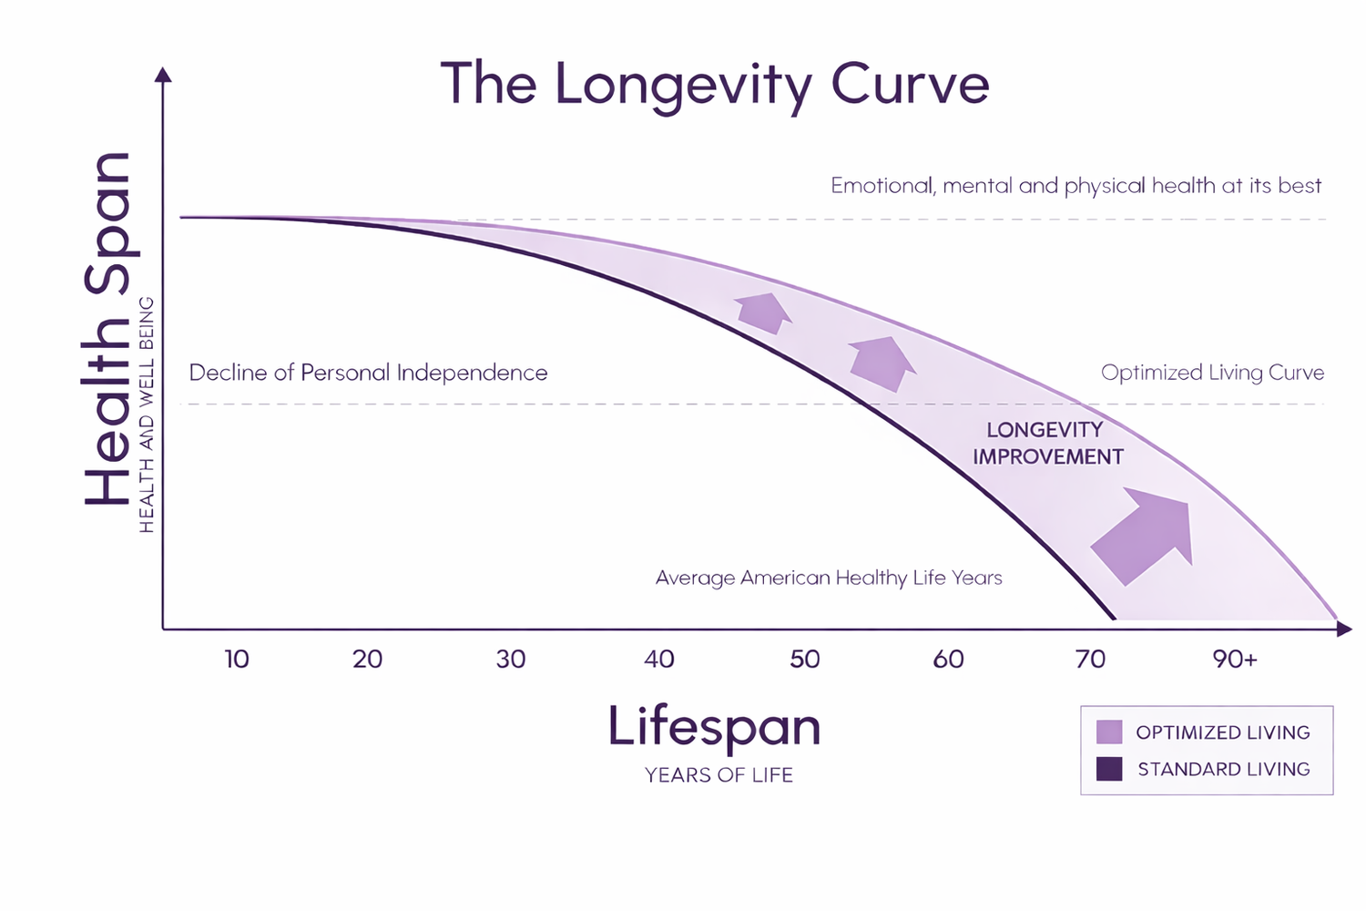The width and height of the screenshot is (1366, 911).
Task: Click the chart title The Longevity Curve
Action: point(715,85)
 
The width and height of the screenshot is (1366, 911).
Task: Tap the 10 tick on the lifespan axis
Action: point(237,659)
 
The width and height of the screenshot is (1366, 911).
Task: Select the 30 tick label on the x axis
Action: point(511,659)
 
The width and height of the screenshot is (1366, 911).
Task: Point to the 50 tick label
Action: point(805,659)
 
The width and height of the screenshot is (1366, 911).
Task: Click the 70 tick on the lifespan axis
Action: point(1090,659)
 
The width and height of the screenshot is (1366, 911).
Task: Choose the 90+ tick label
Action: point(1235,659)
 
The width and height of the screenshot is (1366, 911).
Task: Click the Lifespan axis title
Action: point(715,727)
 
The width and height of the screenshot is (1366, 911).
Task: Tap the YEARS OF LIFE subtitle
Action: point(719,775)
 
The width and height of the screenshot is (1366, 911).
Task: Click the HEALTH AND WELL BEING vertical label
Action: point(147,415)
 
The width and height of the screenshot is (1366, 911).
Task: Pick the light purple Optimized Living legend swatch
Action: point(1109,732)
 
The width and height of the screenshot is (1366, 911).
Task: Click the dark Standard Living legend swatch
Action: point(1109,769)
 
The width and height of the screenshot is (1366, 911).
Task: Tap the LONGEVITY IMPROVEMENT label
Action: point(1047,443)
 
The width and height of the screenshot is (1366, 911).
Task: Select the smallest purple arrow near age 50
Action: point(763,312)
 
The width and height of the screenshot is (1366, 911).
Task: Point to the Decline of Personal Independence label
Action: point(368,373)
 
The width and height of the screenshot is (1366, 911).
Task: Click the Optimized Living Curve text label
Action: point(1212,373)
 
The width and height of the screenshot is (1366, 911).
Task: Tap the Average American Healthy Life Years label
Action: point(829,578)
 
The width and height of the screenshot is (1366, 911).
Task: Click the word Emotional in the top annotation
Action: point(882,186)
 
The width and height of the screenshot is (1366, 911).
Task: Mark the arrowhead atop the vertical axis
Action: point(164,75)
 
